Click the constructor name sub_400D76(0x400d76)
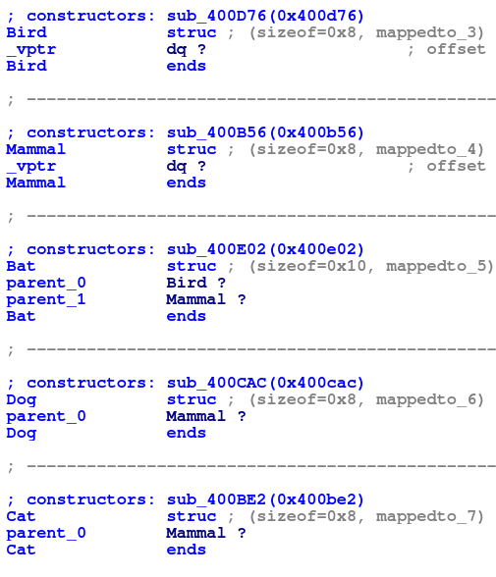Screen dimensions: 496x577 click(265, 16)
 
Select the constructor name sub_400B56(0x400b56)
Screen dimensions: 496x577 click(265, 132)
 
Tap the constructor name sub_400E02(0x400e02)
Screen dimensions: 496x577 click(265, 249)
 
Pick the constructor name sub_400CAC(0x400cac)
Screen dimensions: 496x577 click(265, 383)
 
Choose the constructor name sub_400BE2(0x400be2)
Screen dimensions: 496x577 click(265, 499)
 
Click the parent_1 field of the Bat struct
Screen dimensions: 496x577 click(46, 300)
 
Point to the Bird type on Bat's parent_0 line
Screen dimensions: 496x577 click(187, 283)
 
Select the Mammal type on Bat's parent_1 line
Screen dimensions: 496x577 click(195, 299)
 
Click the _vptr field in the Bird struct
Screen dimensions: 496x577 click(31, 49)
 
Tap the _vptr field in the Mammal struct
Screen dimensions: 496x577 click(31, 167)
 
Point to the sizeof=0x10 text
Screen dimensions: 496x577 click(311, 266)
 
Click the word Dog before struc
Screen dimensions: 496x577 click(22, 400)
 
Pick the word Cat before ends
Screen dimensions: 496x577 click(21, 550)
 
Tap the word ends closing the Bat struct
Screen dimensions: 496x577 click(187, 316)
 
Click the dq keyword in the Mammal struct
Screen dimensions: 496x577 click(177, 167)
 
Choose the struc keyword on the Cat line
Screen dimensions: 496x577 click(192, 516)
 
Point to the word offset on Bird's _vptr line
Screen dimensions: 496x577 click(457, 49)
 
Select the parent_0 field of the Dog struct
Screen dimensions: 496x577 click(46, 416)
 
